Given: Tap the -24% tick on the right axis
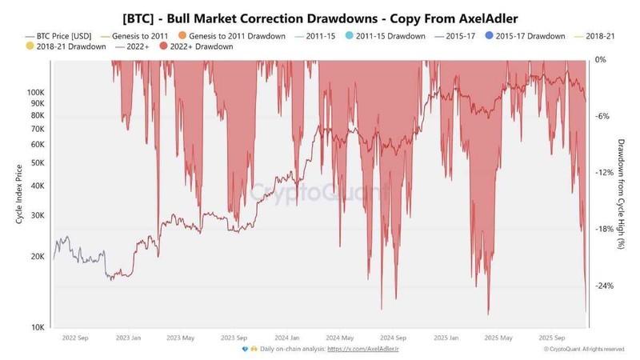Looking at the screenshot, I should (604, 286).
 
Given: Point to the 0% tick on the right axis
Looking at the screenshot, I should (601, 60).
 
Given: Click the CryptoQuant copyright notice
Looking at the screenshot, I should (584, 350).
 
